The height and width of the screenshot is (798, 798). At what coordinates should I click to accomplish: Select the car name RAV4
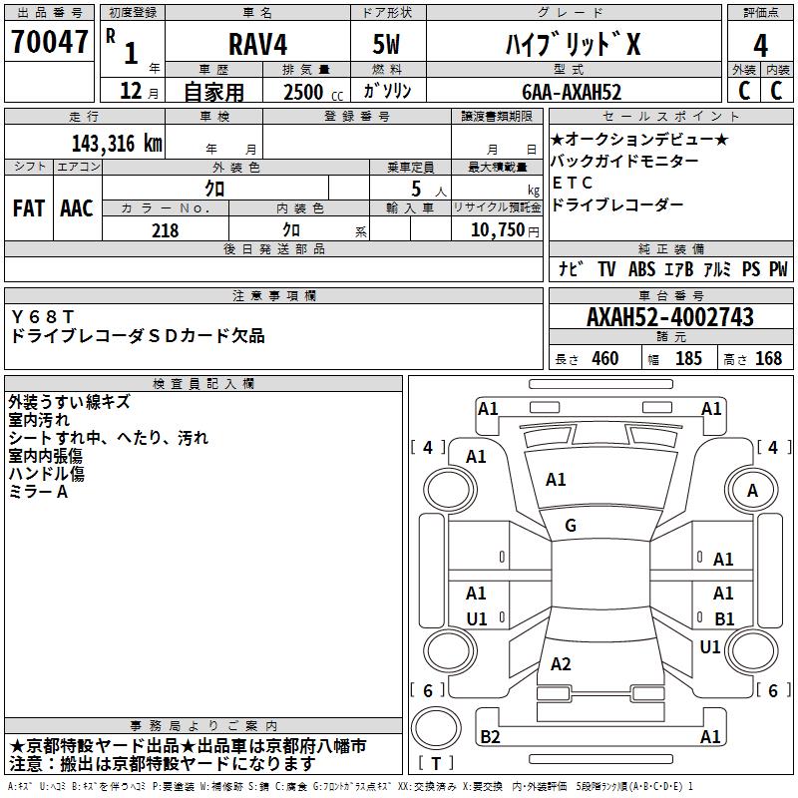[255, 46]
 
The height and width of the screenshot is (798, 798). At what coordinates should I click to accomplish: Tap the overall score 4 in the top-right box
[760, 46]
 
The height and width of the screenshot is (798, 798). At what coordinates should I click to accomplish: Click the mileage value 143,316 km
[116, 143]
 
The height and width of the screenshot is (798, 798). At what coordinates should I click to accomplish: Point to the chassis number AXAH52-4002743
[669, 318]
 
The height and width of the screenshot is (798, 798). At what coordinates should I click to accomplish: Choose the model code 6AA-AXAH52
[572, 92]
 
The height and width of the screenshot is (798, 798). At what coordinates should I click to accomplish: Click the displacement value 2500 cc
[303, 92]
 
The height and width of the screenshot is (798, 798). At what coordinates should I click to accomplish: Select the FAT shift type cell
[28, 208]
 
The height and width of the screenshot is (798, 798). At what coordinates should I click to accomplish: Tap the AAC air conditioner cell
[77, 208]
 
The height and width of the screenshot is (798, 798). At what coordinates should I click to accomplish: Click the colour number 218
[165, 230]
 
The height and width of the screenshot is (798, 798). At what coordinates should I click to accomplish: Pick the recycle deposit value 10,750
[496, 230]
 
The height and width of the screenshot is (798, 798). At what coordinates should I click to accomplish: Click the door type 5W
[386, 46]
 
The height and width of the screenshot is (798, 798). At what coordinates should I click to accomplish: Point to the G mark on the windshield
[571, 526]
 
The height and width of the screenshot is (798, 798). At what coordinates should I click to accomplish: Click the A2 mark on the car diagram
[561, 664]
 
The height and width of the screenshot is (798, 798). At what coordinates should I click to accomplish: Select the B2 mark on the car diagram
[490, 736]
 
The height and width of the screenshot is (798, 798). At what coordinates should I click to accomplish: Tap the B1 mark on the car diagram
[724, 619]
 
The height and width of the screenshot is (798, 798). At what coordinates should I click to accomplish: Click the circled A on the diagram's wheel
[753, 490]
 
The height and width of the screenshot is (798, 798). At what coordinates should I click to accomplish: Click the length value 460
[604, 359]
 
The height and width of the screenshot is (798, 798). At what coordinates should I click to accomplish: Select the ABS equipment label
[642, 269]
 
